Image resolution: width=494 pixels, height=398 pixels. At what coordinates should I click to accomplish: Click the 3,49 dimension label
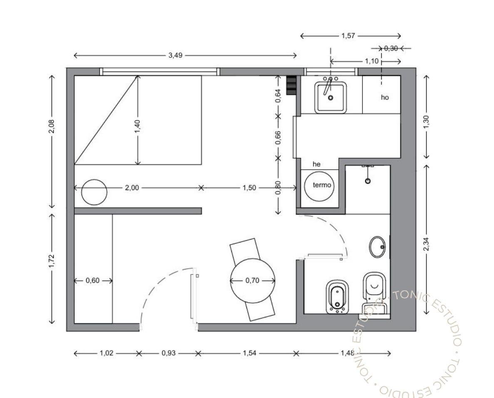[x=176, y=55]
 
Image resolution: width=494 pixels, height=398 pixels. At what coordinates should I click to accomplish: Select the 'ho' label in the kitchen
[x=385, y=97]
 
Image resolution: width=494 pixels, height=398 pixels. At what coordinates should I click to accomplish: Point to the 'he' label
[x=317, y=164]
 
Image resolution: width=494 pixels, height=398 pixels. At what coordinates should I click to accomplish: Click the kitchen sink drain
[x=330, y=98]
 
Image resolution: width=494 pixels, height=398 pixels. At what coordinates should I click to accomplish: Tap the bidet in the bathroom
[x=337, y=296]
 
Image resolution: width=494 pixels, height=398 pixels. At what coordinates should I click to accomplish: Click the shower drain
[x=367, y=181]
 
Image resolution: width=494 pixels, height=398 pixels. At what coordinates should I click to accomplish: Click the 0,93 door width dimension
[x=169, y=353]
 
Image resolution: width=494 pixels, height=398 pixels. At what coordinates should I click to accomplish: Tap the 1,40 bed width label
[x=137, y=126]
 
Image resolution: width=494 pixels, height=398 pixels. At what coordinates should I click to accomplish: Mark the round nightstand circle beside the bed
[x=94, y=192]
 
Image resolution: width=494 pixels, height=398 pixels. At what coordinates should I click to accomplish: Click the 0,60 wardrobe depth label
[x=93, y=280]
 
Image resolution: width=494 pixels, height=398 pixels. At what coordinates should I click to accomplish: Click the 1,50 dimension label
[x=249, y=188]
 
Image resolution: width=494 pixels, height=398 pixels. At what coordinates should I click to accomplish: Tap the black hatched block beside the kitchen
[x=291, y=85]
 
